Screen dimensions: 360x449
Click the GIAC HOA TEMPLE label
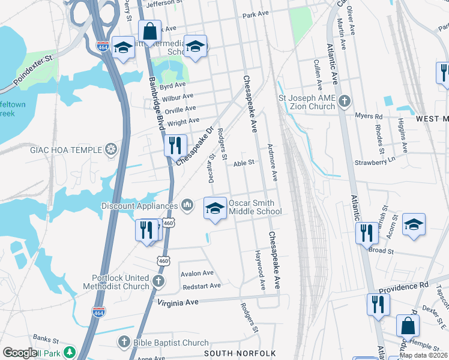click(x=65, y=149)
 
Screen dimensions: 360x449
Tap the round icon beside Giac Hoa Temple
click(x=111, y=149)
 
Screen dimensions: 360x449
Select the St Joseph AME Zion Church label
click(x=306, y=101)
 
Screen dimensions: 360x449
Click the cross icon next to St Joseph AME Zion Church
click(x=345, y=101)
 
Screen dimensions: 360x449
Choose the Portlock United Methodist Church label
click(x=120, y=282)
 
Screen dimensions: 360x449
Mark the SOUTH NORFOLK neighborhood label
click(x=240, y=353)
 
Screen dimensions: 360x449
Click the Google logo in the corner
click(x=20, y=353)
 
